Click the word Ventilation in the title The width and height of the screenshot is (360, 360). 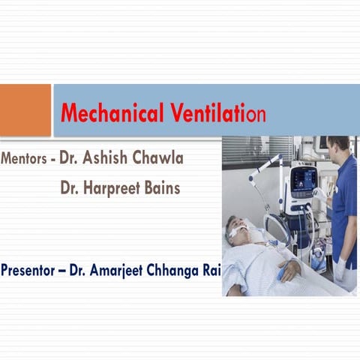point(217,114)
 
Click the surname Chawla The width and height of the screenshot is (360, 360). point(157,159)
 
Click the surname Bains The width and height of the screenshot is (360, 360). point(161,188)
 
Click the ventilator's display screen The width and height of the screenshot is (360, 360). point(304,178)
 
